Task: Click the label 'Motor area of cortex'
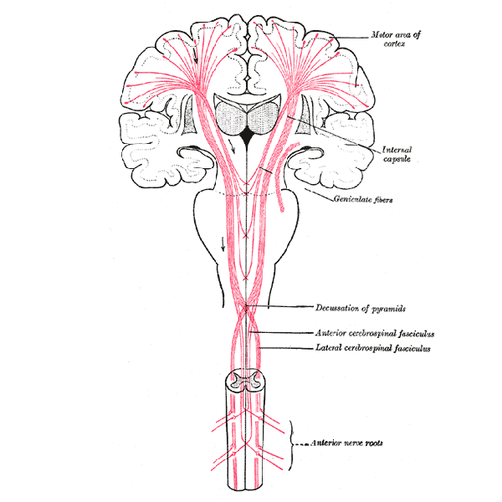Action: point(396,38)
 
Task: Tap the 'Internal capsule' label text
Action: point(397,154)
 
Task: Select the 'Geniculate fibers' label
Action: point(363,199)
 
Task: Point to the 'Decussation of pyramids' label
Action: point(361,308)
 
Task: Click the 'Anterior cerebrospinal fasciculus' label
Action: point(375,333)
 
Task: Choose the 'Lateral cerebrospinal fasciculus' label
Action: point(373,348)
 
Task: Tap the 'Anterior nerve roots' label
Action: point(346,443)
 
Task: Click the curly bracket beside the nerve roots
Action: point(290,445)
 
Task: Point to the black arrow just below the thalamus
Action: point(233,146)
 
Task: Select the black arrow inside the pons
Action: point(223,244)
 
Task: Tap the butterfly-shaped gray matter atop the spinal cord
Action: point(245,380)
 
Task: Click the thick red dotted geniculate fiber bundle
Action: point(284,176)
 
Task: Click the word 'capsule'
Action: point(397,159)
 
